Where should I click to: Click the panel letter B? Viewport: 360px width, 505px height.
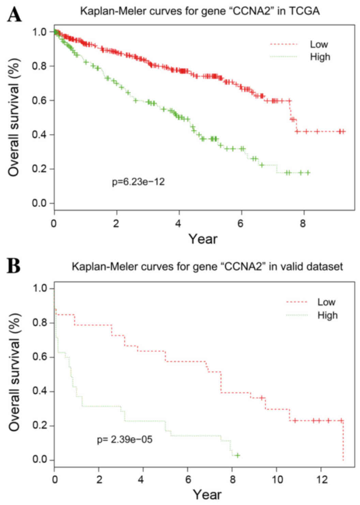[x=14, y=266]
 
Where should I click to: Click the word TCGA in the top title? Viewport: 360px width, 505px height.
[x=304, y=11]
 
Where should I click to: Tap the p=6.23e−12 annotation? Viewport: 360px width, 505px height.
[x=138, y=182]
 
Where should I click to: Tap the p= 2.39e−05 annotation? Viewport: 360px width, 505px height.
[x=125, y=439]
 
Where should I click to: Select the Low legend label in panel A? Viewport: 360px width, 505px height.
[x=319, y=44]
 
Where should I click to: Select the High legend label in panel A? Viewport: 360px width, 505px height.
[x=320, y=57]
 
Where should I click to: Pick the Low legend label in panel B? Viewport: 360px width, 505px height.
[x=326, y=302]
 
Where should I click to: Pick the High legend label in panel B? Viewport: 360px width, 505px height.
[x=327, y=315]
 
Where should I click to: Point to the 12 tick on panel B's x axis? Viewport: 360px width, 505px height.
[x=322, y=480]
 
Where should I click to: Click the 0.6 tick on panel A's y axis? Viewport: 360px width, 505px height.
[x=39, y=100]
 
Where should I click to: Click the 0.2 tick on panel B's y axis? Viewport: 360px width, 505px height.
[x=39, y=426]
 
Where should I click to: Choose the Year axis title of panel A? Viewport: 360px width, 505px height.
[x=203, y=239]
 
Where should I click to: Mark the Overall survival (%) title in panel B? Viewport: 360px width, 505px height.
[x=14, y=372]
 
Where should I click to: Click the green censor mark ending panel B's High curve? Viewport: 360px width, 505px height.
[x=237, y=455]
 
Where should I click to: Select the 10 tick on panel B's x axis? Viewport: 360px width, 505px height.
[x=277, y=480]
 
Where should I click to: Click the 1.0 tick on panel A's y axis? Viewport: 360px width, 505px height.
[x=39, y=32]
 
